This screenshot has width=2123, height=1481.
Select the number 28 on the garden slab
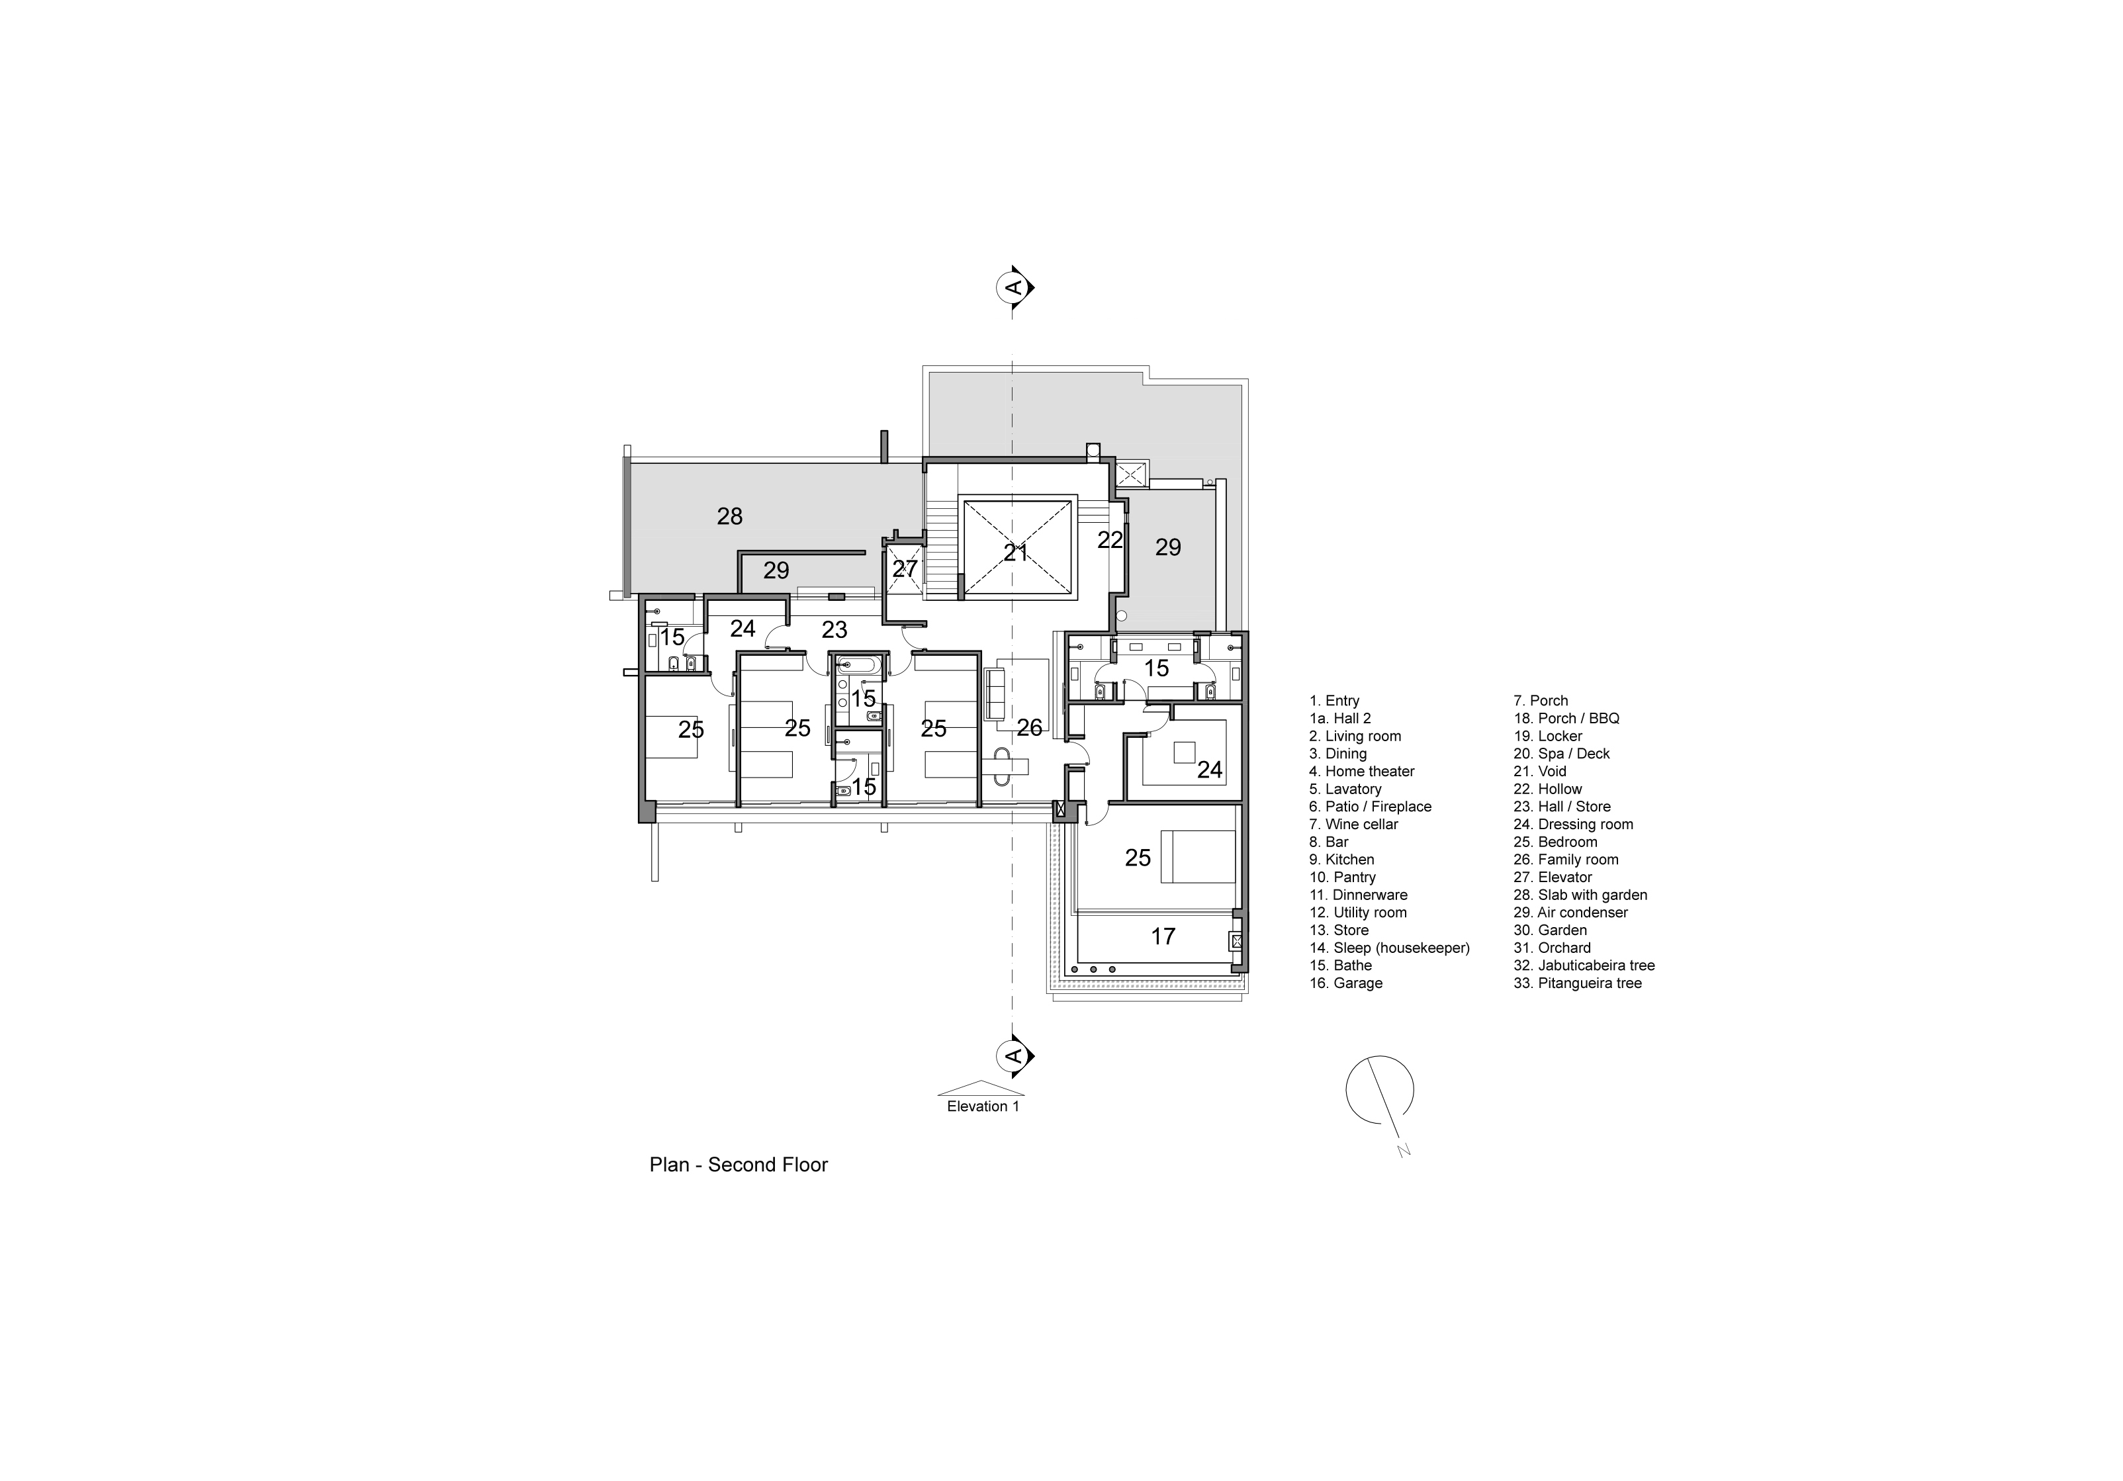[x=729, y=517]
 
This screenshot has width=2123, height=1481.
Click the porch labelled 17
[x=1162, y=936]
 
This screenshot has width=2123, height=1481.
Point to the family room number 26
[x=1029, y=729]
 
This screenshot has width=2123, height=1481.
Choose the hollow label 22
[x=1110, y=540]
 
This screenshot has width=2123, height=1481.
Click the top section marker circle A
[x=1013, y=287]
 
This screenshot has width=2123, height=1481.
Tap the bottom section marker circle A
[x=1013, y=1055]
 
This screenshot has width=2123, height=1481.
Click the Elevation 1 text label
[x=983, y=1106]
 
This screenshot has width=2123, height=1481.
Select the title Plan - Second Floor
[x=738, y=1165]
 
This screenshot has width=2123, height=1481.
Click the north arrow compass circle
[x=1378, y=1090]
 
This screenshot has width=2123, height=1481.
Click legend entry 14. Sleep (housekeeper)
[x=1389, y=948]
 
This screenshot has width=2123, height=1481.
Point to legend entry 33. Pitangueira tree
[x=1578, y=983]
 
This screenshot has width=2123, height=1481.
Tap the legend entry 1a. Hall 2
[x=1340, y=718]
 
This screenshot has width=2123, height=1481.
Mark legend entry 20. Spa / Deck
[x=1560, y=754]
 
